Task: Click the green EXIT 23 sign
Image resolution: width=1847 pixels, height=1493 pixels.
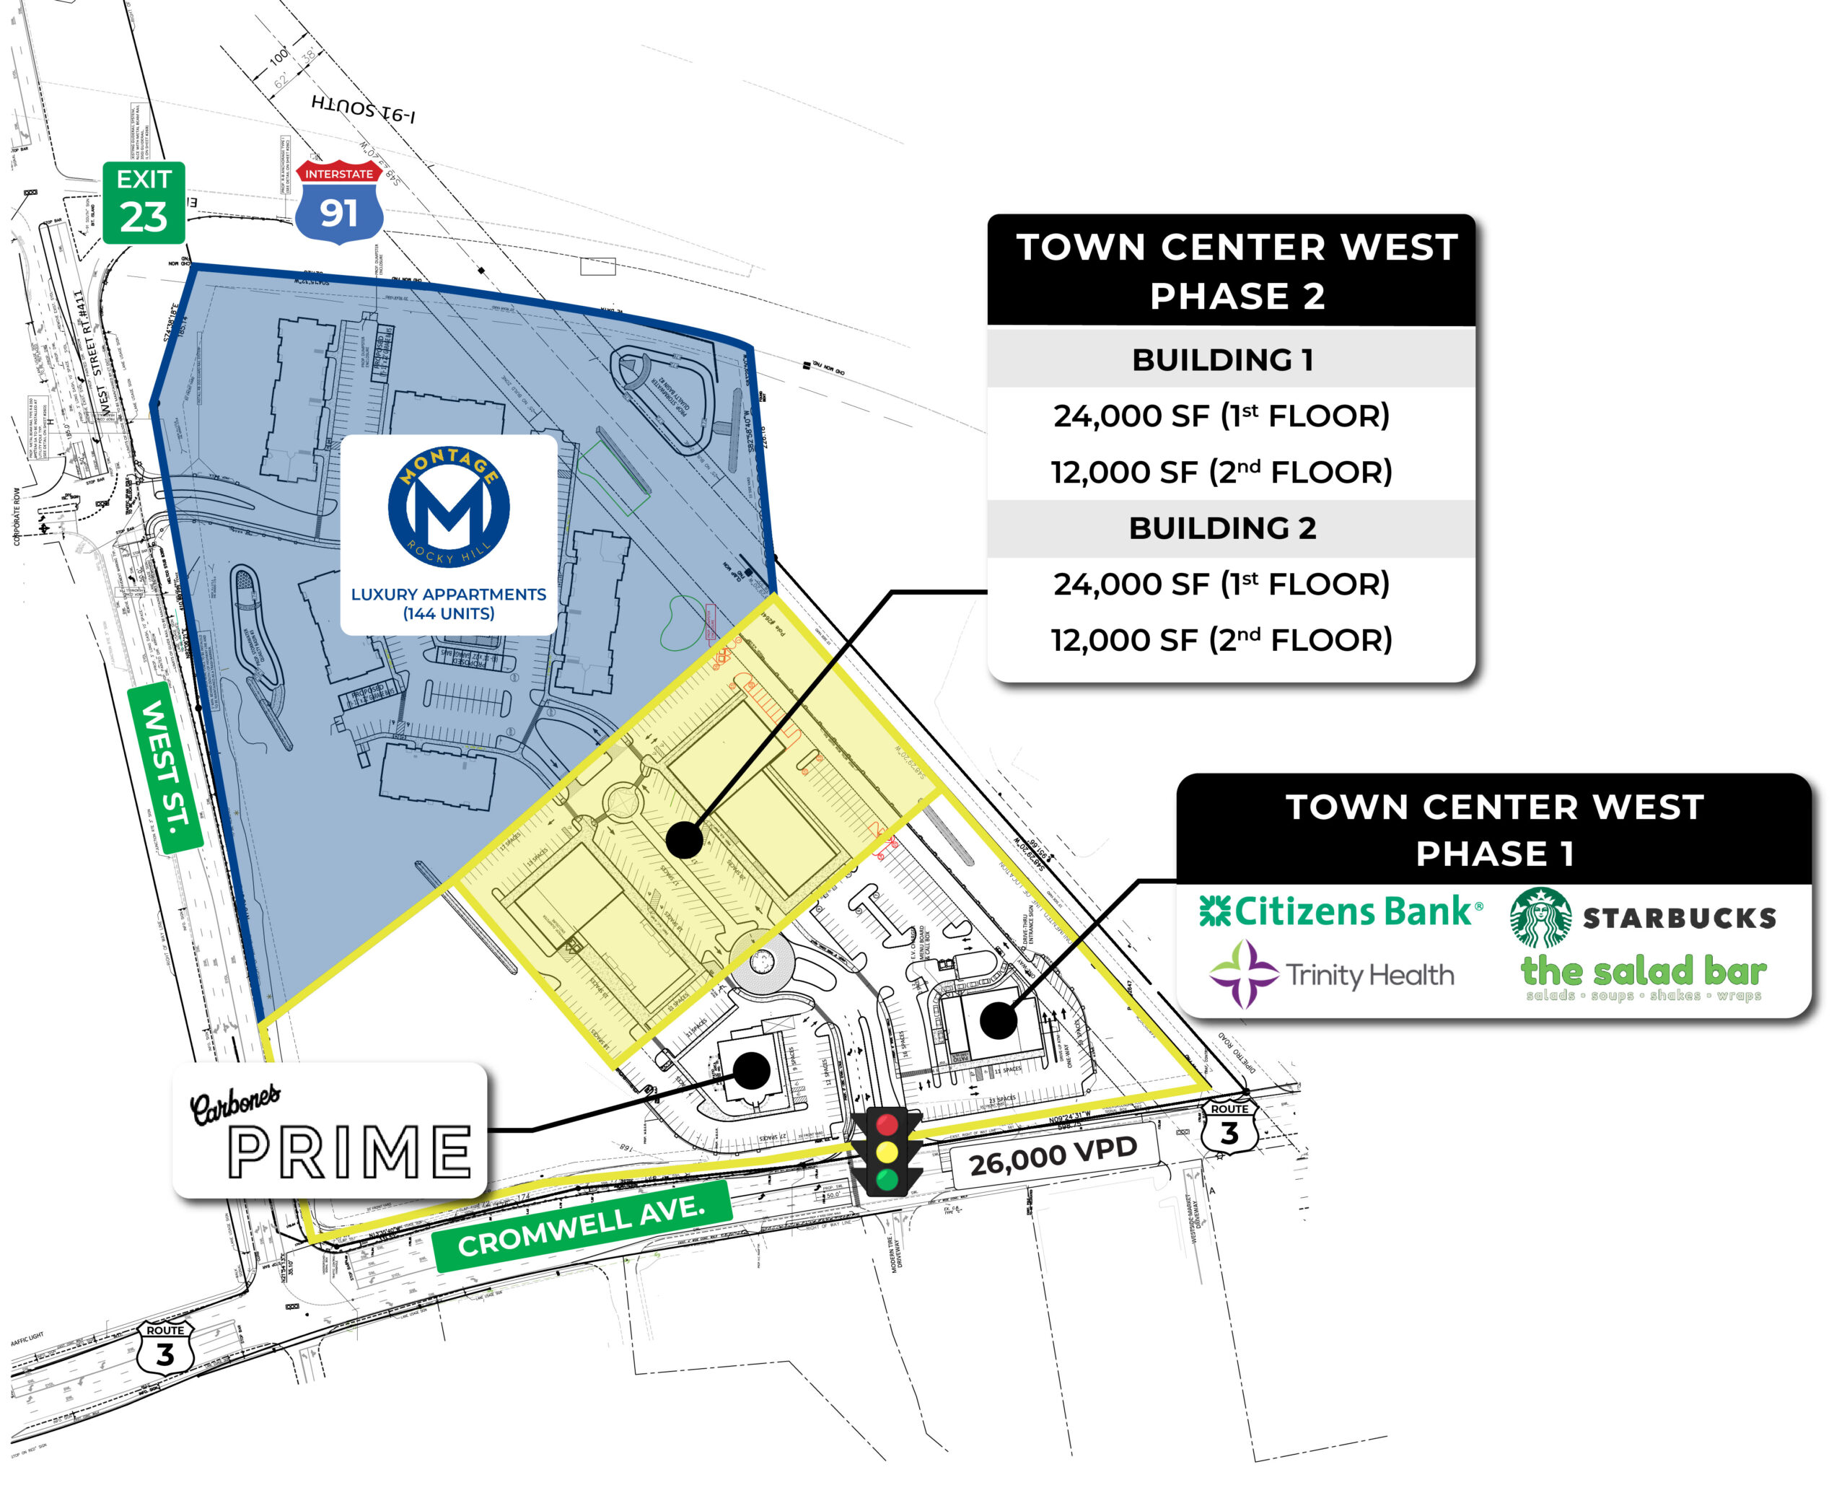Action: click(144, 202)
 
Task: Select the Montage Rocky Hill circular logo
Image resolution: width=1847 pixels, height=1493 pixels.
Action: click(448, 507)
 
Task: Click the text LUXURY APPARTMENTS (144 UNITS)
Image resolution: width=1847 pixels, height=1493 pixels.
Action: click(448, 604)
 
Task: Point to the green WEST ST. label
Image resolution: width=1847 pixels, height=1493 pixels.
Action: click(165, 767)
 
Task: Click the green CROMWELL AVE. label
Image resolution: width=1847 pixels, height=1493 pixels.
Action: click(582, 1225)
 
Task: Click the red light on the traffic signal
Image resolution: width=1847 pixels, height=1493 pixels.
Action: click(887, 1124)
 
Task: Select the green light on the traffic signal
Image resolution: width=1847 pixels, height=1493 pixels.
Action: click(887, 1178)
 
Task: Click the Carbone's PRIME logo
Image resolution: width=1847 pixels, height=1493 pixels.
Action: click(330, 1131)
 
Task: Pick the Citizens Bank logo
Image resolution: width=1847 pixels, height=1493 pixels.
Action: click(1340, 911)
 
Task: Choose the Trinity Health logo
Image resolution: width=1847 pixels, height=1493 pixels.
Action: click(1331, 974)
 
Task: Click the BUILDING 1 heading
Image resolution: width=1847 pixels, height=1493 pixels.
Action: click(1222, 359)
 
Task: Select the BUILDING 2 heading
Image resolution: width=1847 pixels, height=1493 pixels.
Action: click(1222, 528)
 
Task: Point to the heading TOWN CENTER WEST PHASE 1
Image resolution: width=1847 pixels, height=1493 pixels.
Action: click(1493, 830)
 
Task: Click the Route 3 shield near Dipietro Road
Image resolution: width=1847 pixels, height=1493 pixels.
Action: click(1229, 1126)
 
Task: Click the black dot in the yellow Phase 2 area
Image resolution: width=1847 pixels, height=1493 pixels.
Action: click(685, 839)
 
